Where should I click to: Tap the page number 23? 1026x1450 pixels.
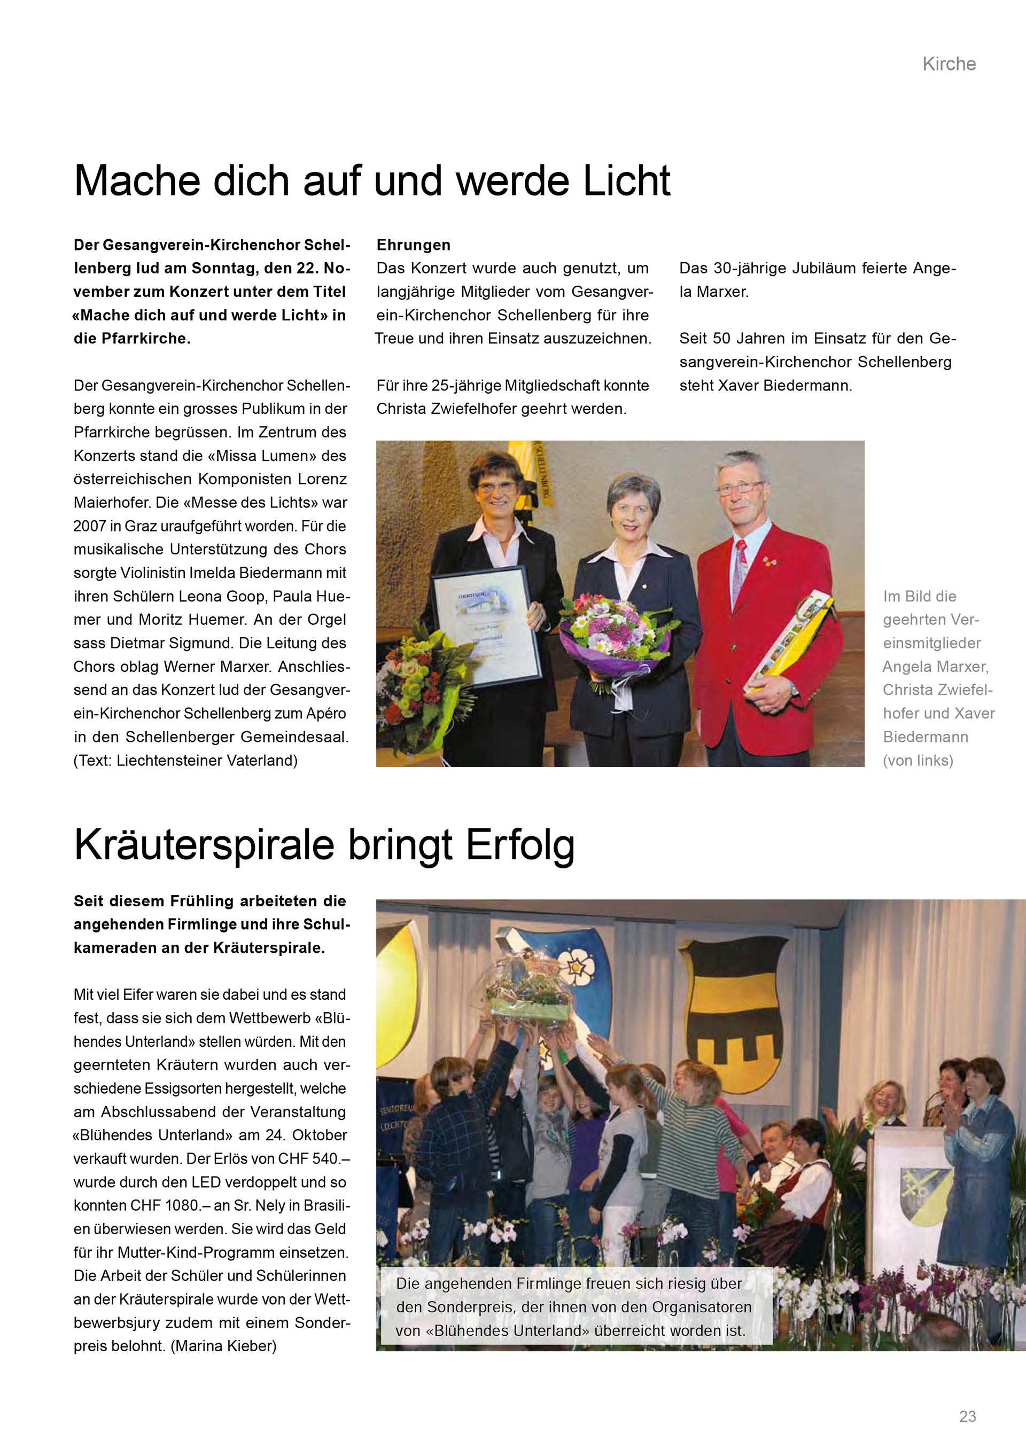coord(967,1416)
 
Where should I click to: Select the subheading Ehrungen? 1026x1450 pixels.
coord(413,245)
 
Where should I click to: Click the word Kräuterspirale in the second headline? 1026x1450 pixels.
coord(204,844)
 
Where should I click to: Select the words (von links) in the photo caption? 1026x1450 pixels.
coord(918,761)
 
